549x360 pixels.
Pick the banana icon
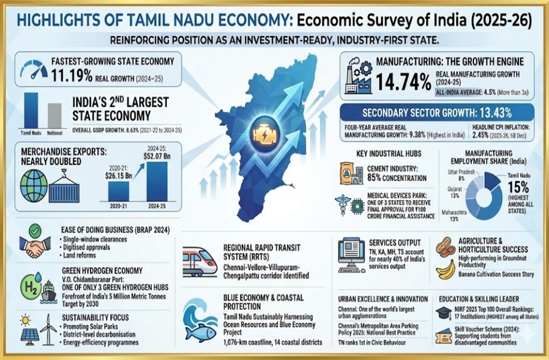446,270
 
